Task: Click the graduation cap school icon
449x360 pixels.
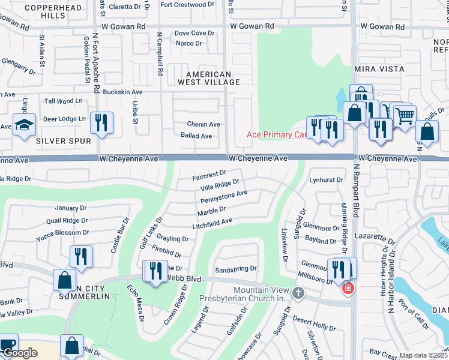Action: coord(24,125)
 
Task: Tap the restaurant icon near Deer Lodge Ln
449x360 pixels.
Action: coord(101,122)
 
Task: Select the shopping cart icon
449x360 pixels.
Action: coord(405,114)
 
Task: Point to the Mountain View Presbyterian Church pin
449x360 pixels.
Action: coord(299,292)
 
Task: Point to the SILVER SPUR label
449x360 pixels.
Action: coord(63,141)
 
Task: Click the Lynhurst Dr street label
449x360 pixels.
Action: coord(326,179)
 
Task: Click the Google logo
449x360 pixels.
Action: coord(20,353)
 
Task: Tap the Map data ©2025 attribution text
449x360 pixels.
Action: coord(423,355)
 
